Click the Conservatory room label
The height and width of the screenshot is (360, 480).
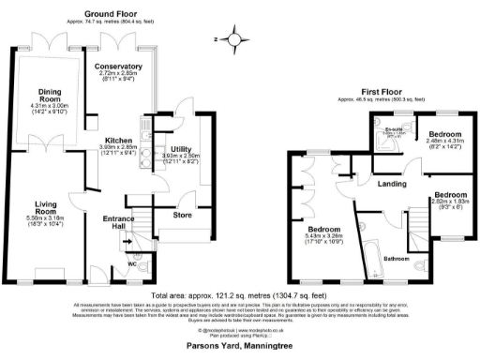click(118, 67)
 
